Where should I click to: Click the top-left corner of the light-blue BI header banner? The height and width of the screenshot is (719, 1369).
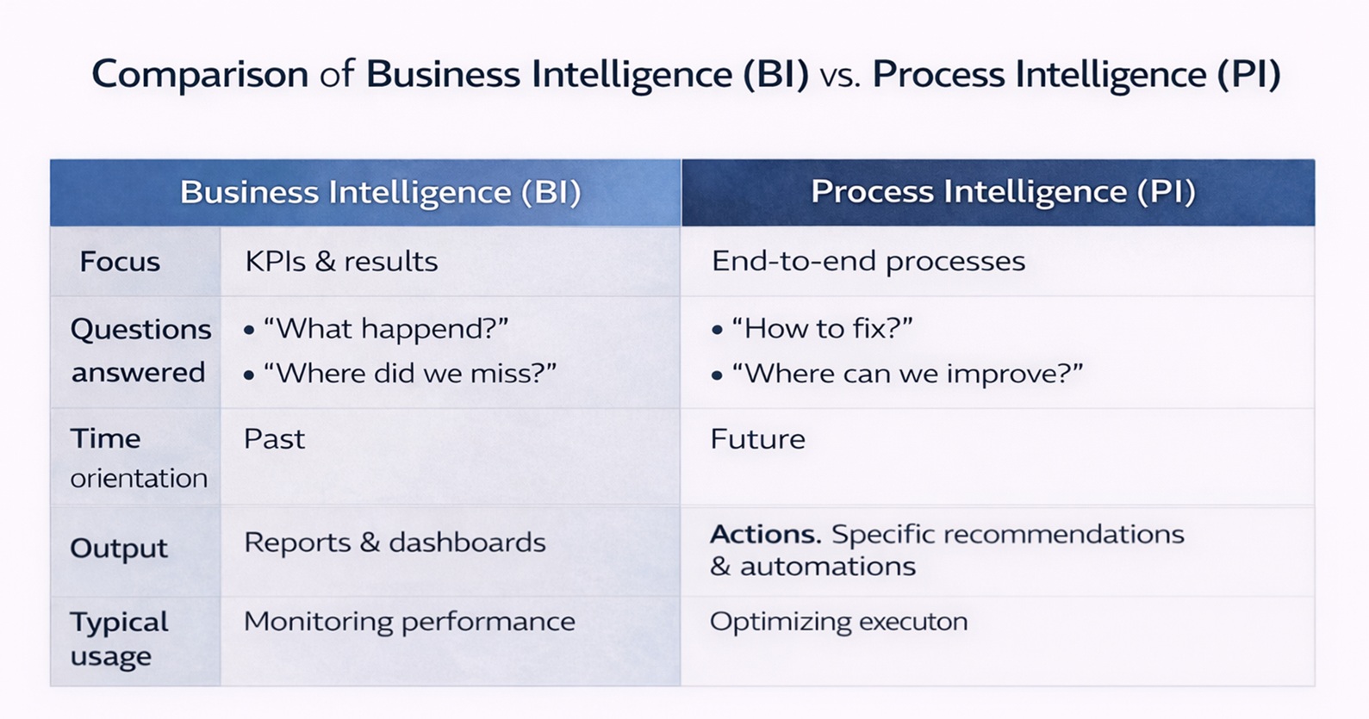click(x=51, y=160)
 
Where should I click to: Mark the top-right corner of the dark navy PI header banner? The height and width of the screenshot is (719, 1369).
click(x=1315, y=160)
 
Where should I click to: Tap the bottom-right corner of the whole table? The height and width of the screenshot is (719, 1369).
click(x=1315, y=685)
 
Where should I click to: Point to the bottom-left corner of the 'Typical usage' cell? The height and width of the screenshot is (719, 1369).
click(x=51, y=685)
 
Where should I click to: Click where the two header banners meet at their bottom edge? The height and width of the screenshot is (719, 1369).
click(x=681, y=226)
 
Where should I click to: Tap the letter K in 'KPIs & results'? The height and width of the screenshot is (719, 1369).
click(x=253, y=262)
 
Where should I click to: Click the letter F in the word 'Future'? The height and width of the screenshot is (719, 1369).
click(x=719, y=438)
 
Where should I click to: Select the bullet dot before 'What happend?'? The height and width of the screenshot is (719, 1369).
click(x=248, y=331)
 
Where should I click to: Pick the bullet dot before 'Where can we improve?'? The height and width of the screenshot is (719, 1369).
click(x=717, y=375)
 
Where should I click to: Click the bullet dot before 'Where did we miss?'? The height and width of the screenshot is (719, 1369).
click(x=248, y=375)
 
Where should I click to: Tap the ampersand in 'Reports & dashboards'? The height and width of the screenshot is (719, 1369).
click(x=370, y=542)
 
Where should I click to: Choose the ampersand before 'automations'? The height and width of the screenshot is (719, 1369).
click(x=720, y=567)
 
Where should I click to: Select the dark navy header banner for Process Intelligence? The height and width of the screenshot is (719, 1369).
click(x=998, y=193)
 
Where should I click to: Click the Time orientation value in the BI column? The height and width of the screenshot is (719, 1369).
click(x=275, y=439)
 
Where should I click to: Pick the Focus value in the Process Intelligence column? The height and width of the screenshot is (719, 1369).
click(x=868, y=262)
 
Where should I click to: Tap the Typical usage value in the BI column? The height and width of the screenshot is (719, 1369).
click(x=409, y=623)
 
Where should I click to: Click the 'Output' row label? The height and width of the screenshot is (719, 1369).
click(x=119, y=548)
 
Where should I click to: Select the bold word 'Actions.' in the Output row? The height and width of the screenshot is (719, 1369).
click(x=766, y=535)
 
